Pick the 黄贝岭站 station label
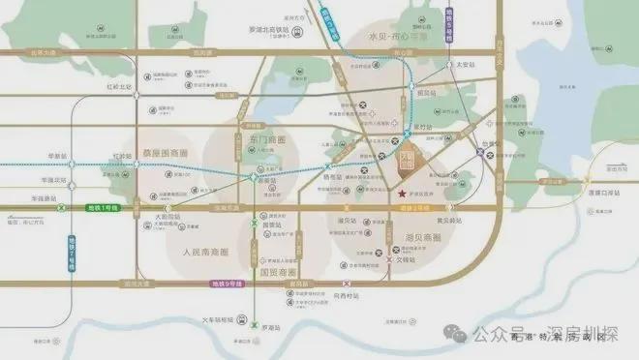[x=446, y=220]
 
